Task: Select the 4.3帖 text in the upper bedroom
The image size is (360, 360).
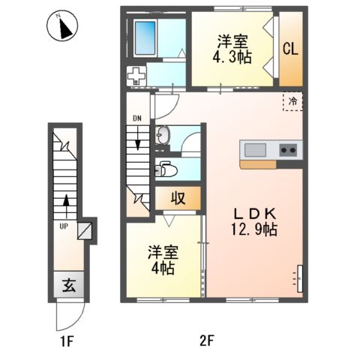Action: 231,58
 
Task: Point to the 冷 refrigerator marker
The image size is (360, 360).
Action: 292,100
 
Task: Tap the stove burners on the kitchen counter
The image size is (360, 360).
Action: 288,149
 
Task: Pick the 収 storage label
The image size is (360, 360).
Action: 178,199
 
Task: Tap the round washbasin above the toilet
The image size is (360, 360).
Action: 163,136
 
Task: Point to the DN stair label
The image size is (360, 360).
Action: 137,118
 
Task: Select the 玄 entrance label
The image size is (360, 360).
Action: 67,285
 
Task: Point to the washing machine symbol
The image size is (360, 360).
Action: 136,75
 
